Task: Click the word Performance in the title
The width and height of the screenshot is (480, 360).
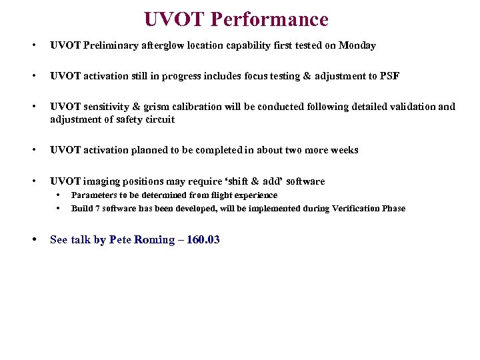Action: click(x=269, y=19)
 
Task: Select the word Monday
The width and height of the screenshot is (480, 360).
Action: click(x=357, y=45)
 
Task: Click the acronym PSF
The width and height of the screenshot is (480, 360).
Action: click(x=389, y=76)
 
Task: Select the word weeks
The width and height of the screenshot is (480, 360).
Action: click(x=344, y=150)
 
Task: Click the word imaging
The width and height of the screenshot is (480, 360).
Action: click(x=103, y=181)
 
